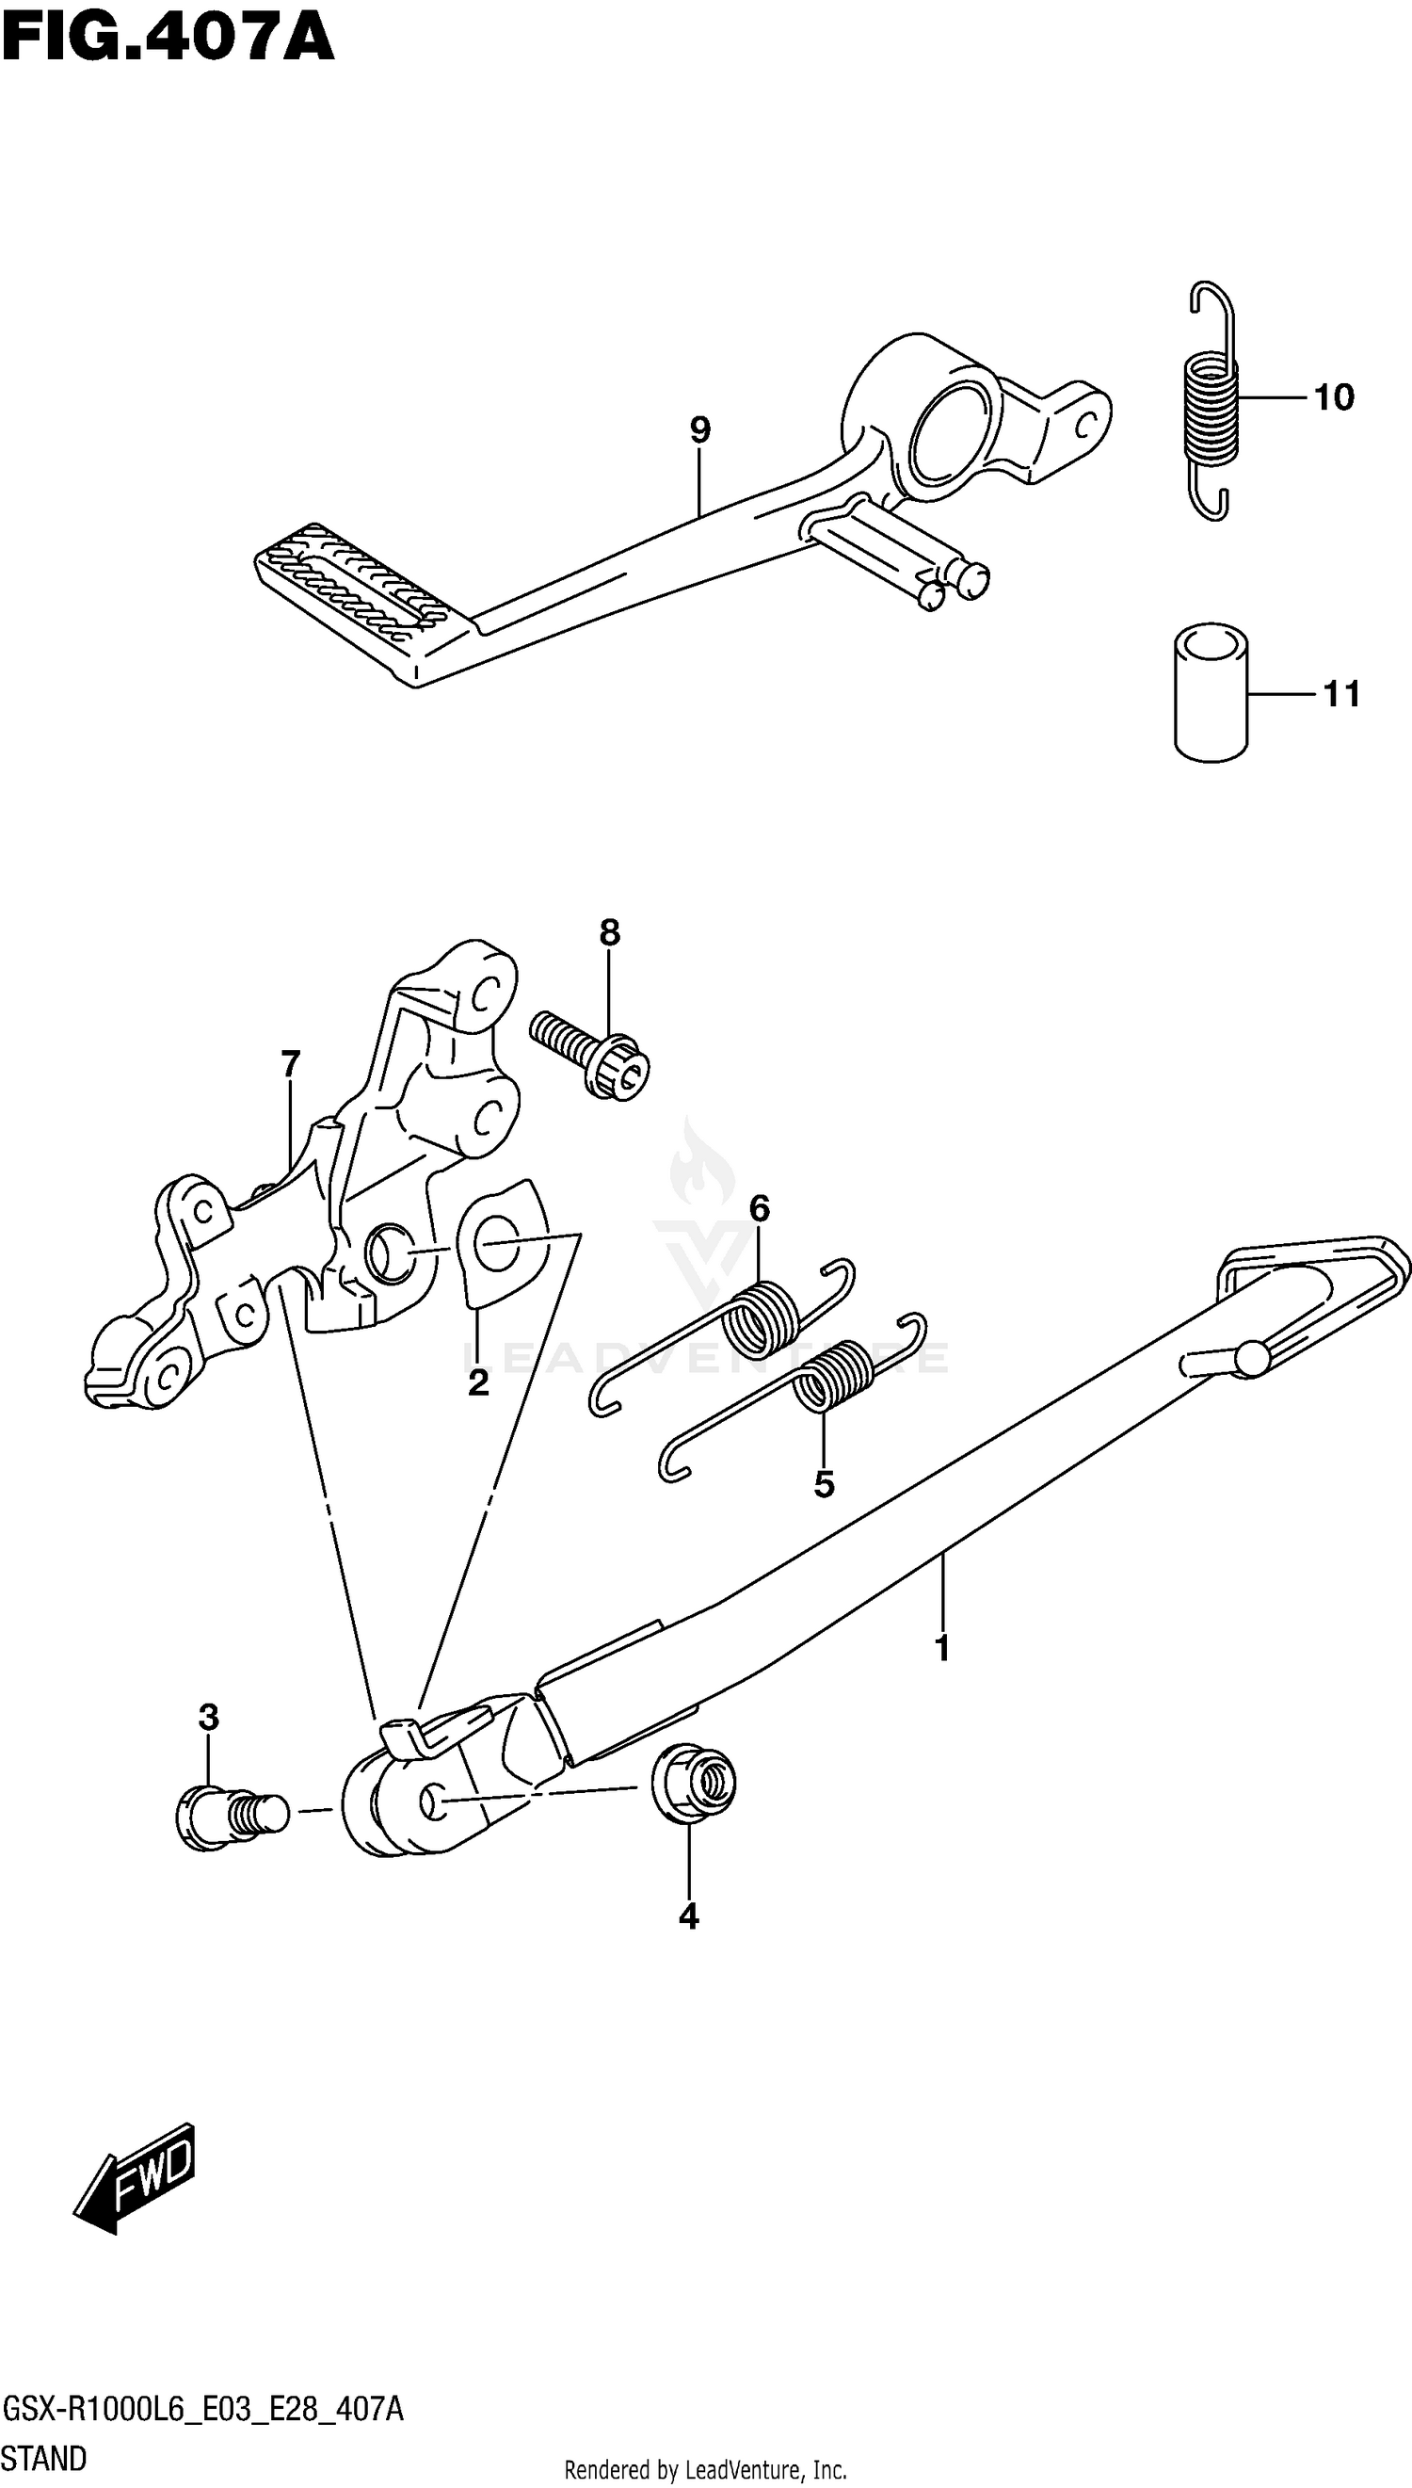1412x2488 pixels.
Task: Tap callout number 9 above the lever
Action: tap(700, 428)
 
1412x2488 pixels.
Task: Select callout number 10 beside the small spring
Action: tap(1334, 397)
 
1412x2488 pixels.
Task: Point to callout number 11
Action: tap(1342, 694)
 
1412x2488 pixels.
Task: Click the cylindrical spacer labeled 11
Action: tap(1211, 691)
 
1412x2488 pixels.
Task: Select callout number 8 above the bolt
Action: tap(609, 932)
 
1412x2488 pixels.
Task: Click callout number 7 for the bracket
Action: tap(291, 1064)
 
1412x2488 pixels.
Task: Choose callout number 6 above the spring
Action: tap(760, 1208)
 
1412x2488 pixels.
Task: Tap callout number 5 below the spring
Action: tap(825, 1484)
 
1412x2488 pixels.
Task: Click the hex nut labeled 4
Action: tap(695, 1783)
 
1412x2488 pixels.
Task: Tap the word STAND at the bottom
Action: tap(44, 2458)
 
